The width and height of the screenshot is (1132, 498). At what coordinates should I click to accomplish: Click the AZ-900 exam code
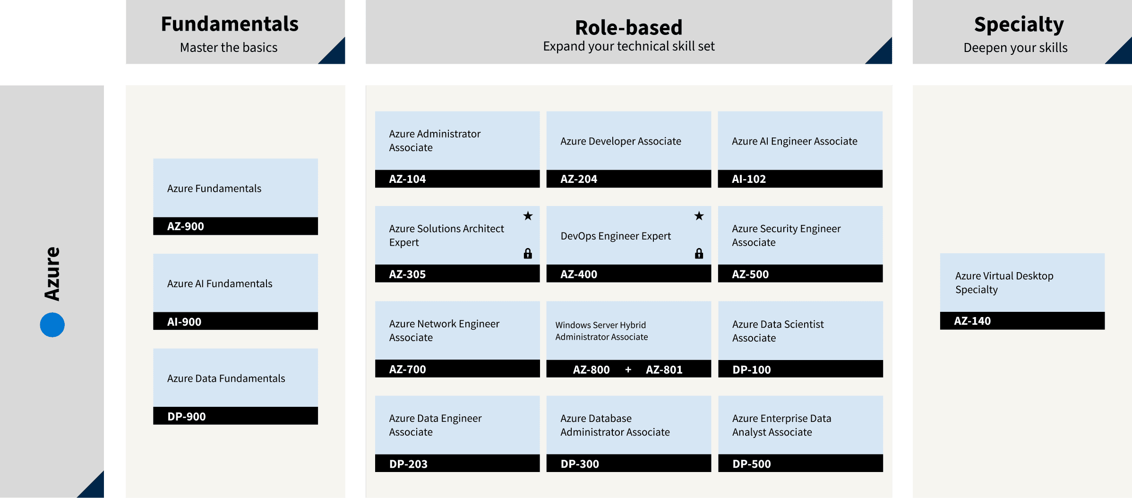[x=185, y=226]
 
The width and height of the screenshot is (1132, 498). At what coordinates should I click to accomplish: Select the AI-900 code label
[x=184, y=322]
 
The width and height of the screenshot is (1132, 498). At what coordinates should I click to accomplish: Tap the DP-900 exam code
[x=187, y=417]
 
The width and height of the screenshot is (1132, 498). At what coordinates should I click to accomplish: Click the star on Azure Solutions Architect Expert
[x=528, y=216]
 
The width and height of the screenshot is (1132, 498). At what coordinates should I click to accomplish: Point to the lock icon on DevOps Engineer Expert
[x=699, y=254]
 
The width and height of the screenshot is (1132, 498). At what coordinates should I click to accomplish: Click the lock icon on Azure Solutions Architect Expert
[x=528, y=254]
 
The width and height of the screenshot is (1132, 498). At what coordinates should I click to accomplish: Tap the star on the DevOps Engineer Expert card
[x=699, y=216]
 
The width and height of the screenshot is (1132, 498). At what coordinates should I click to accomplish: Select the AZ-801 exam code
[x=664, y=369]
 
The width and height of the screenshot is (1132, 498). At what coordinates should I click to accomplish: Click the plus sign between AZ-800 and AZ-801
[x=628, y=369]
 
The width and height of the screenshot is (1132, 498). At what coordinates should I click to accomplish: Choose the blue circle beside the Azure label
[x=52, y=325]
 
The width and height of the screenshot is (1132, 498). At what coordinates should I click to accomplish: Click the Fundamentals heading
[x=230, y=24]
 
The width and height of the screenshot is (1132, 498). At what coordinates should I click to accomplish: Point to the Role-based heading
[x=629, y=27]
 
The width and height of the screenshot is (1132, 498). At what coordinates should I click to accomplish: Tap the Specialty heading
[x=1019, y=25]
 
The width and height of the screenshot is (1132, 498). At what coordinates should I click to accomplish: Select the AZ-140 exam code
[x=972, y=321]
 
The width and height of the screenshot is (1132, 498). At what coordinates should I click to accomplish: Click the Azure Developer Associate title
[x=621, y=141]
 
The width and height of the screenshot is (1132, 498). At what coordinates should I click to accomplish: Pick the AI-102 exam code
[x=749, y=179]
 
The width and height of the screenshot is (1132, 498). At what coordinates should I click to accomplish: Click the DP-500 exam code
[x=751, y=464]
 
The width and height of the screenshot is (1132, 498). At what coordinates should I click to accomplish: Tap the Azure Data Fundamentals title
[x=226, y=378]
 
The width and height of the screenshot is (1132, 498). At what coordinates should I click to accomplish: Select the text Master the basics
[x=229, y=48]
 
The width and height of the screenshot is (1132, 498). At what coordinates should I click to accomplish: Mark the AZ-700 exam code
[x=407, y=369]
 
